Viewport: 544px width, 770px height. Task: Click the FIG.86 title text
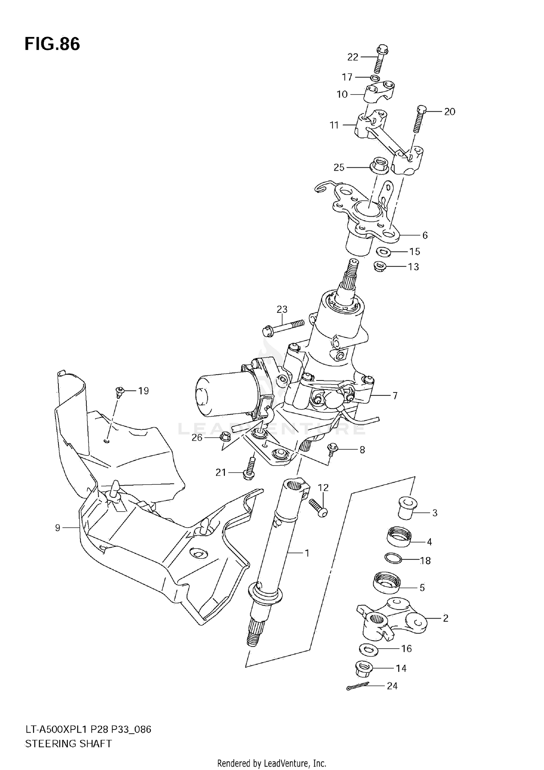coord(52,44)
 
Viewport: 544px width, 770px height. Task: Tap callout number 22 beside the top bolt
coord(353,57)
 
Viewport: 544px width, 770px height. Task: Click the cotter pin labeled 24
coord(358,686)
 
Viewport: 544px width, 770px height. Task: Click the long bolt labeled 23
coord(283,326)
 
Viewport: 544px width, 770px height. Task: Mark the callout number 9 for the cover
coord(58,528)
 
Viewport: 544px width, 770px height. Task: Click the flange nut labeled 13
coord(379,267)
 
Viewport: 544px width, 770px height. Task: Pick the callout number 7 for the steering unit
coord(395,395)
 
